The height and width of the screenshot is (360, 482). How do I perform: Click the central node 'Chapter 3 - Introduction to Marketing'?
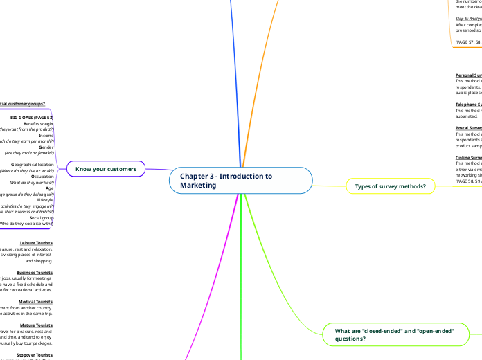coord(240,181)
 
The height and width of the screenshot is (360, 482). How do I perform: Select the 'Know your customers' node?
coord(111,168)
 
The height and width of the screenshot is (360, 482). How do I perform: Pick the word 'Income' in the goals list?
coord(44,136)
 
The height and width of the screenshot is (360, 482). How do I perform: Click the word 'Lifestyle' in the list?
coord(42,200)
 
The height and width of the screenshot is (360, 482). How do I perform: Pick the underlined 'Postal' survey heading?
coord(469,128)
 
